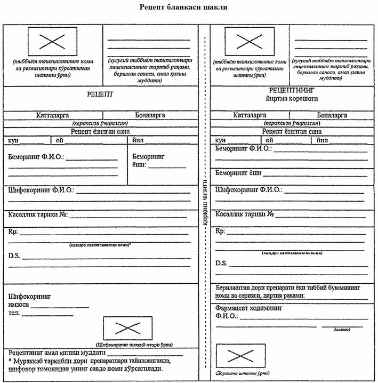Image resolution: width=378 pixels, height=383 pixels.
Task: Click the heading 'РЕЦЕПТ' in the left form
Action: click(101, 94)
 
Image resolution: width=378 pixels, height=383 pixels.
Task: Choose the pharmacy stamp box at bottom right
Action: click(240, 355)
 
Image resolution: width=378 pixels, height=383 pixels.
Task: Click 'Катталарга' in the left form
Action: click(54, 115)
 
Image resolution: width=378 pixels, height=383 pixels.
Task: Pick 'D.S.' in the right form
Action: click(222, 263)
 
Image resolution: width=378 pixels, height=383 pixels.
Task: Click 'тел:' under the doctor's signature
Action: click(13, 313)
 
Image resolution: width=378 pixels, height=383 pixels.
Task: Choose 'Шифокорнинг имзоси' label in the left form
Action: click(29, 300)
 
